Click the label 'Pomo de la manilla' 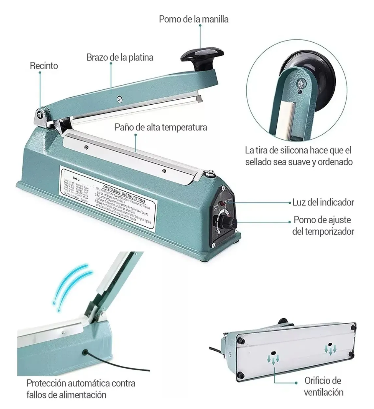pyautogui.click(x=193, y=19)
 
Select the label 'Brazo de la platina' pyautogui.click(x=120, y=57)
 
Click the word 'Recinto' pyautogui.click(x=44, y=66)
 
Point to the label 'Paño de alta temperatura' pyautogui.click(x=161, y=127)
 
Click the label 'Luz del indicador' pyautogui.click(x=323, y=202)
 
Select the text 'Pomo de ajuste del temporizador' pyautogui.click(x=323, y=226)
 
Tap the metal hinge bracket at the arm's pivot pyautogui.click(x=41, y=117)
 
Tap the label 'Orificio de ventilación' pyautogui.click(x=323, y=386)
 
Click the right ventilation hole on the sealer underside pyautogui.click(x=330, y=345)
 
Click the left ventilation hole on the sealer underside pyautogui.click(x=273, y=354)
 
